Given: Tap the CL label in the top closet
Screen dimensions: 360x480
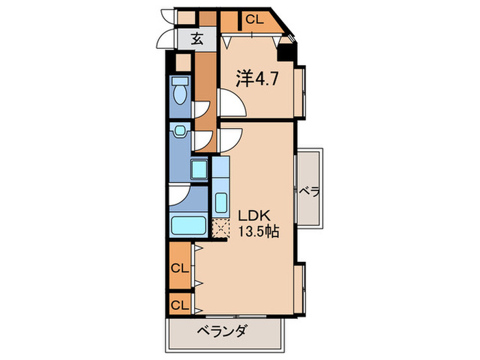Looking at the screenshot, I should tap(254, 19).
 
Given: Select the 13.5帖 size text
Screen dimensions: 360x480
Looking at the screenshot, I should tap(258, 232).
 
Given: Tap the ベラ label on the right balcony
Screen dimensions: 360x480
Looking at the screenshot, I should tap(309, 191).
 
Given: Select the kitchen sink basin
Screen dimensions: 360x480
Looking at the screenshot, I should tap(221, 203).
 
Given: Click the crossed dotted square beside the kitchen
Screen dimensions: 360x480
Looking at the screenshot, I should tap(221, 229).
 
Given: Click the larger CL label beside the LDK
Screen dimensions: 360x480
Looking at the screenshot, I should tap(180, 268).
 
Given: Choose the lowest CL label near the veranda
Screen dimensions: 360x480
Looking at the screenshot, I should tap(180, 304).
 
